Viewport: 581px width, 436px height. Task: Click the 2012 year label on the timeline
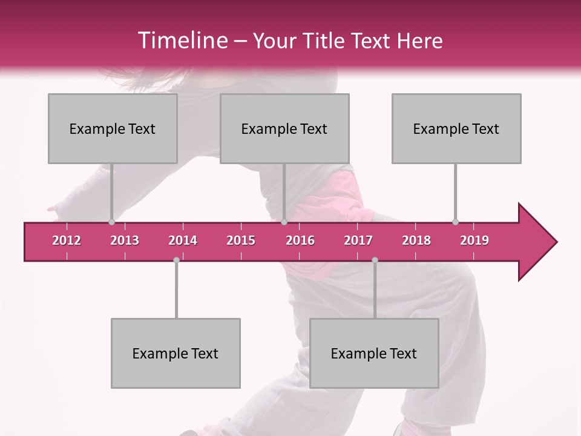click(x=67, y=240)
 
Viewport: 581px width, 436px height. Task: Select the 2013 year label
click(x=125, y=240)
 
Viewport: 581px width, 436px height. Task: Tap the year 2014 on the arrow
click(x=183, y=240)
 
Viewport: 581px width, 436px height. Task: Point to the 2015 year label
click(x=241, y=240)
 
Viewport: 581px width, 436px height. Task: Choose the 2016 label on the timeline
click(x=300, y=240)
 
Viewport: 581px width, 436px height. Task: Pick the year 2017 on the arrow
click(x=358, y=240)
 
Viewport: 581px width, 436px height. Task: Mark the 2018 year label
click(x=416, y=240)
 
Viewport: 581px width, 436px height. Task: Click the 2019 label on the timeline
click(x=474, y=240)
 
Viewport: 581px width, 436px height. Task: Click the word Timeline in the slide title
click(x=182, y=41)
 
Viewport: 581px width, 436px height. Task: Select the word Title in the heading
click(x=325, y=41)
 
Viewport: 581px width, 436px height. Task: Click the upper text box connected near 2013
click(x=113, y=128)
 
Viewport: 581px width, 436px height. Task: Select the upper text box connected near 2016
click(x=284, y=128)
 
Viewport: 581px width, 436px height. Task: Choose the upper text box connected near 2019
click(x=456, y=128)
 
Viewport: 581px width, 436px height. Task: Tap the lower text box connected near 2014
click(x=176, y=353)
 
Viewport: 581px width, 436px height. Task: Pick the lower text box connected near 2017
click(x=374, y=353)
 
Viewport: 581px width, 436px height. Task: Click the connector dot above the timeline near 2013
click(x=111, y=222)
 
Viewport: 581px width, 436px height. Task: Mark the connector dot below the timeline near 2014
click(x=176, y=260)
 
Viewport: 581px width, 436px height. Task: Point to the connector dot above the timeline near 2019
click(x=455, y=222)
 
